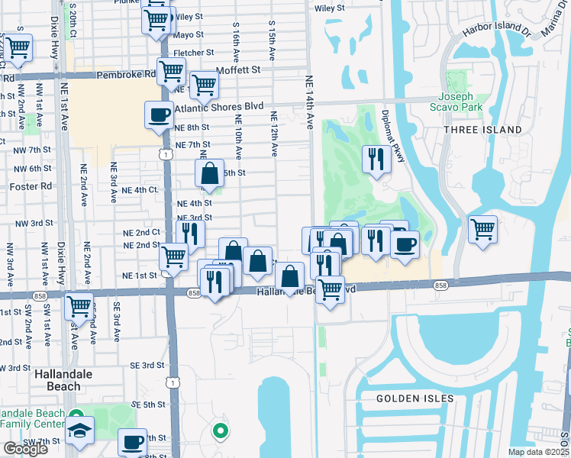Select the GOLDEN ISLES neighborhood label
415,398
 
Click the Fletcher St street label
193,53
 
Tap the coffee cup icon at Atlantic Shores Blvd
160,115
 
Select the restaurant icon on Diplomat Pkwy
376,158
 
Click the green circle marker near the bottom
221,432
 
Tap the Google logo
25,449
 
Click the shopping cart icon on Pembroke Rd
171,71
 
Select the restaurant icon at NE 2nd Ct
190,233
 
